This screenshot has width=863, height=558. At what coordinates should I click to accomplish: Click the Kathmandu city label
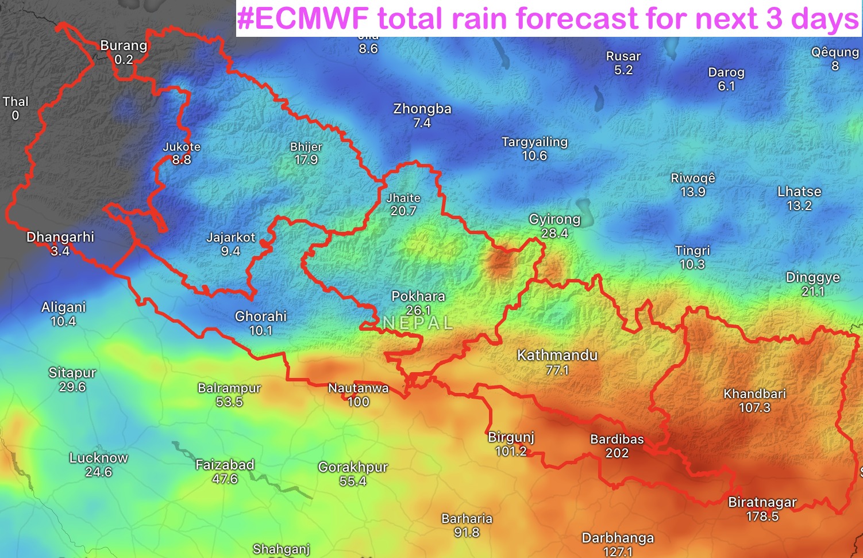click(x=557, y=355)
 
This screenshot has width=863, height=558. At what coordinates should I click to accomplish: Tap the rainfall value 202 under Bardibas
click(x=617, y=453)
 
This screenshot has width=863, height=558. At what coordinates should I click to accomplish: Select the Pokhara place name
click(x=418, y=296)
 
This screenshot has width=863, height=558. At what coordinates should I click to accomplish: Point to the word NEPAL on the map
click(x=418, y=323)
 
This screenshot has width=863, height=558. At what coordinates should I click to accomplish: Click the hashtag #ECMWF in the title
click(x=303, y=18)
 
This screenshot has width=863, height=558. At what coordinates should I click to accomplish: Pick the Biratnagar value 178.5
click(x=762, y=516)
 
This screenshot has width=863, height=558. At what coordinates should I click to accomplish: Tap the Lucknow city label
click(x=99, y=458)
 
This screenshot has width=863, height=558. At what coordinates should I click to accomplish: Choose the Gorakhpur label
click(x=353, y=467)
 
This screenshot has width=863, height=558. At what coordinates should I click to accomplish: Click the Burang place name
click(x=124, y=45)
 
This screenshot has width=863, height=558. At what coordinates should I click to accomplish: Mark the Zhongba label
click(x=422, y=109)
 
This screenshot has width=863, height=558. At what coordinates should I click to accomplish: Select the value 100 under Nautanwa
click(x=359, y=402)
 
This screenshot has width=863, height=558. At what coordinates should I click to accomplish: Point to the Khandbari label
click(x=754, y=394)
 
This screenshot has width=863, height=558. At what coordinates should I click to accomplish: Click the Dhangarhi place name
click(x=60, y=237)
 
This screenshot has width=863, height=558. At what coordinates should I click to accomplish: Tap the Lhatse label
click(x=799, y=192)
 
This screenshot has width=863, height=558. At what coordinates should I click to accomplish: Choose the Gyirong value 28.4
click(x=554, y=233)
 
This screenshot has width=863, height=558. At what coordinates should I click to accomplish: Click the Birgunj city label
click(x=511, y=437)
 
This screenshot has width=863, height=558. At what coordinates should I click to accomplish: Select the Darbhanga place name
click(x=618, y=538)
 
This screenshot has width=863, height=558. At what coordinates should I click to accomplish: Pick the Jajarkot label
click(x=231, y=237)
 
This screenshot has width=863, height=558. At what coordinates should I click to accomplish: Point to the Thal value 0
click(x=16, y=115)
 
